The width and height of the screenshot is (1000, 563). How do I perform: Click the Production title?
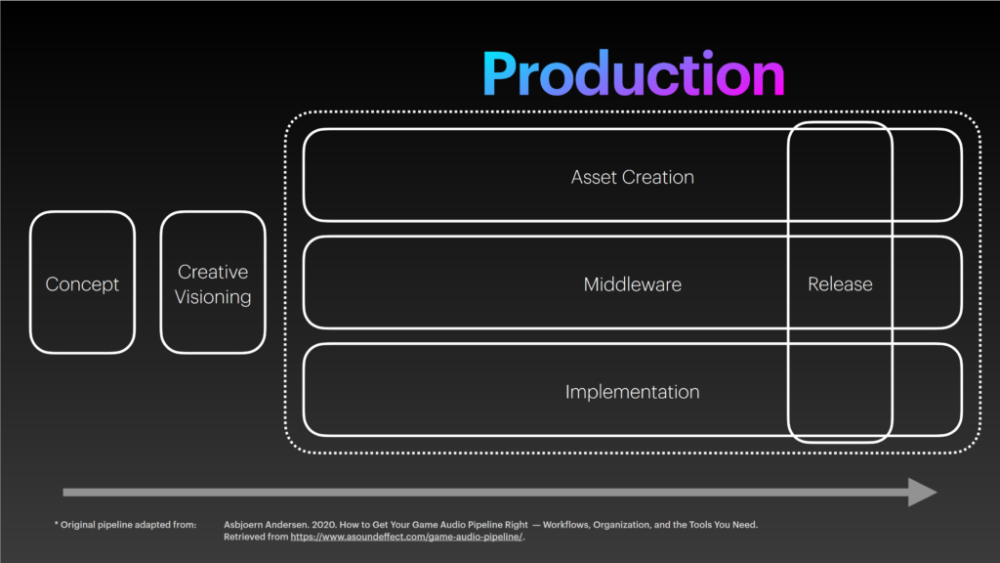[633, 74]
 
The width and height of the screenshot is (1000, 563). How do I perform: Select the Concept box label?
[82, 284]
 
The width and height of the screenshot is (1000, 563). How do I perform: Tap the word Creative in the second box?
[213, 272]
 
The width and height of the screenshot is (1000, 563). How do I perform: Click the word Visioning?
[213, 297]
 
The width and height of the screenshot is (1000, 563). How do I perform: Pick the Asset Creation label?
[633, 177]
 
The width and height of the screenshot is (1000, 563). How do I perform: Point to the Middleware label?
[633, 284]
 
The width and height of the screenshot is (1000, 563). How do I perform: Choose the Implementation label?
[633, 392]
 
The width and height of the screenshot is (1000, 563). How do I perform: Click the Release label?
[840, 284]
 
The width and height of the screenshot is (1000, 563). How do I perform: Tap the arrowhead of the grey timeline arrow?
[923, 493]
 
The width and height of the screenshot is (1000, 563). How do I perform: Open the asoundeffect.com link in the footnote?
[406, 537]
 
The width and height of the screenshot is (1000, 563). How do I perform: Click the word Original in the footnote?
[78, 525]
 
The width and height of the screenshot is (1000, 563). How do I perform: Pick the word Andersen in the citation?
[289, 525]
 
